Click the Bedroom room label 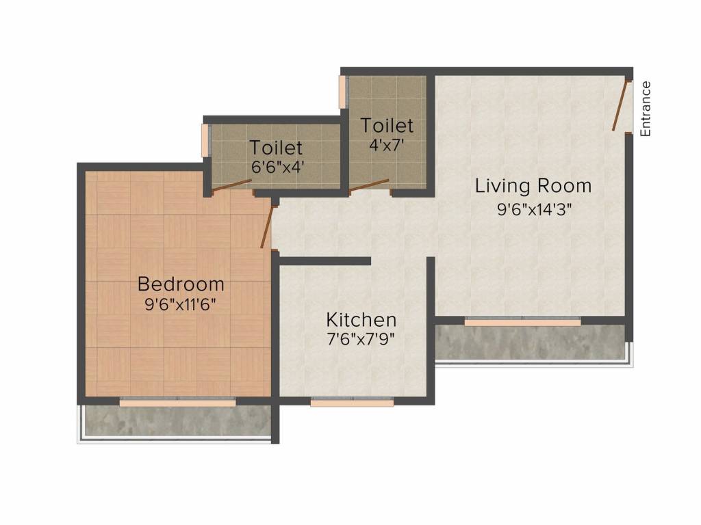click(x=181, y=284)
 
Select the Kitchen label click(x=361, y=320)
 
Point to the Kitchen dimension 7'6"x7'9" click(x=361, y=340)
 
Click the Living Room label click(x=533, y=186)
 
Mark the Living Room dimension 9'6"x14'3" click(x=535, y=209)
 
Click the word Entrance click(x=645, y=109)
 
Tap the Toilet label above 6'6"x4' click(x=277, y=148)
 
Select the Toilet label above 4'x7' click(x=387, y=126)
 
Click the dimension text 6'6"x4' click(x=278, y=167)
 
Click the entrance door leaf click(x=620, y=105)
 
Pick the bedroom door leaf click(x=267, y=227)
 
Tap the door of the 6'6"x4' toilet click(x=231, y=186)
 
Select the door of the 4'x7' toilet click(x=369, y=186)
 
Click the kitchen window click(x=353, y=402)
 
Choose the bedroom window click(x=178, y=402)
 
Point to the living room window click(x=522, y=322)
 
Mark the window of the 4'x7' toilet click(x=344, y=92)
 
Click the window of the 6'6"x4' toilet click(x=206, y=140)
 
